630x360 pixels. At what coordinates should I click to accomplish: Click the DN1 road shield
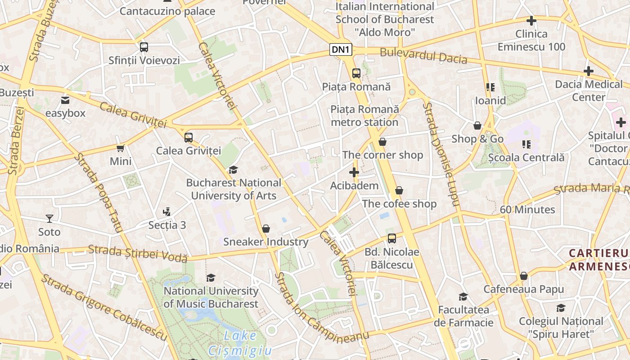tap(341, 49)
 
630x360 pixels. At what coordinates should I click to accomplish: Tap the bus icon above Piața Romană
tap(356, 73)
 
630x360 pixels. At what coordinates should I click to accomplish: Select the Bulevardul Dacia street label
tap(423, 56)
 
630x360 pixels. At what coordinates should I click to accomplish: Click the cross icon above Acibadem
tap(354, 172)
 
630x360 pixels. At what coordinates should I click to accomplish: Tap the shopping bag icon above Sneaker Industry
tap(266, 229)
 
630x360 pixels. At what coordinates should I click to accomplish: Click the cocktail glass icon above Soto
tap(49, 219)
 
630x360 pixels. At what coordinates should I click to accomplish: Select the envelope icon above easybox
tap(65, 100)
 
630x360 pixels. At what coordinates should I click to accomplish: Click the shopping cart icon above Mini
tap(121, 148)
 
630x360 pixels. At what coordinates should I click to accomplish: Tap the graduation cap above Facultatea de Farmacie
tap(463, 297)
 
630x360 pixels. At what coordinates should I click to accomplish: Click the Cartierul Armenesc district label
tap(598, 260)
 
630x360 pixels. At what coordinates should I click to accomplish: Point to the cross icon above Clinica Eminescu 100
tap(531, 21)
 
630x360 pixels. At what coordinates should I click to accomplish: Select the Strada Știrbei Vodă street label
tap(138, 253)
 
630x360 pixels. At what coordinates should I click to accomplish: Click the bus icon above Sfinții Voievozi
tap(144, 47)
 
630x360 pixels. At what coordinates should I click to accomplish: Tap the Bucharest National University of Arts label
tap(234, 189)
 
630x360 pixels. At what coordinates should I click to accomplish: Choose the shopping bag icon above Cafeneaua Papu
tap(523, 276)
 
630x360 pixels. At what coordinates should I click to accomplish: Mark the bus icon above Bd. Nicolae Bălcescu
tap(392, 238)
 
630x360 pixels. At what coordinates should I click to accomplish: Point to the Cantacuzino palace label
tap(167, 11)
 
